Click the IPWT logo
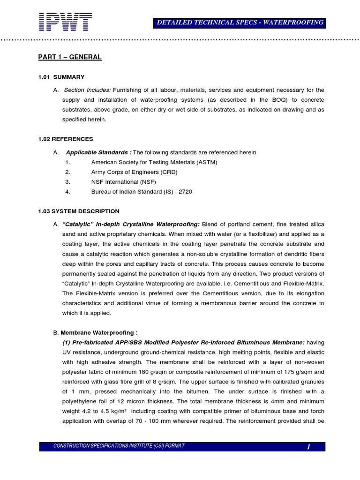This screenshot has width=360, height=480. (65, 21)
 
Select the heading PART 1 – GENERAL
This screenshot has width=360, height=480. (69, 57)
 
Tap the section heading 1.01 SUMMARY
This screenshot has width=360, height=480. (61, 77)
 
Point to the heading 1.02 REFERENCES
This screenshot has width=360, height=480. (66, 139)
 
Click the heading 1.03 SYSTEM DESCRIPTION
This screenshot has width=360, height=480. (79, 211)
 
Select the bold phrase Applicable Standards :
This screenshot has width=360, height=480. (98, 152)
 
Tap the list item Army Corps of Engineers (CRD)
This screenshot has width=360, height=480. (134, 172)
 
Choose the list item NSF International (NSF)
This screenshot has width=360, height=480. (124, 182)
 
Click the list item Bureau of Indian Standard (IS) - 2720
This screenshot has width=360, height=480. (142, 192)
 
